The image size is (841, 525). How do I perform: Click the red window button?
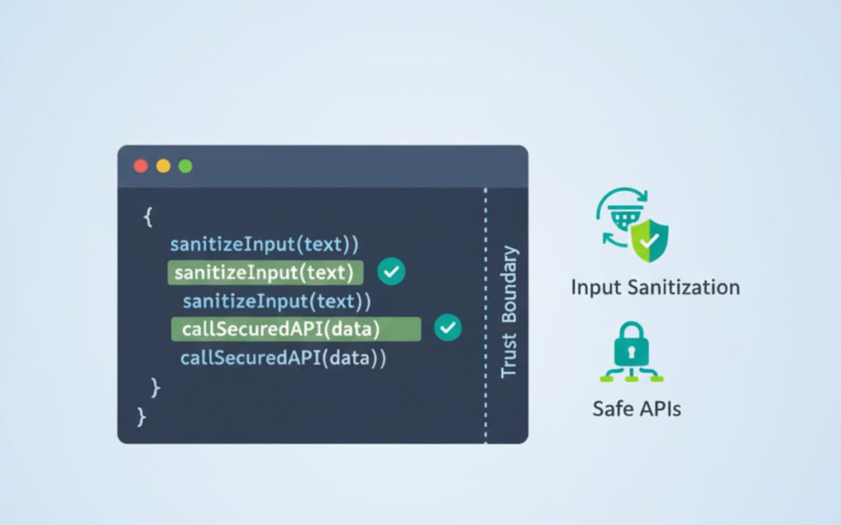(140, 166)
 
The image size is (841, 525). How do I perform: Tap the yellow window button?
(163, 166)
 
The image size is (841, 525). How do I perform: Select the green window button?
(186, 166)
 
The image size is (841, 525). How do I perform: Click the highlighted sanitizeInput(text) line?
(264, 273)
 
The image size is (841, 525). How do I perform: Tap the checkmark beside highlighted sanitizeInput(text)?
(391, 272)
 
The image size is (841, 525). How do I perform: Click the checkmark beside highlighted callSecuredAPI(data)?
(448, 329)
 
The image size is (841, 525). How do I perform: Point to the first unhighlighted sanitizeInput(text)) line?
(264, 244)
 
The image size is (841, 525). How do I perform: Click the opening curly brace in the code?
(148, 217)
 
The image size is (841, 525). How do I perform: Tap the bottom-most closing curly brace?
(141, 417)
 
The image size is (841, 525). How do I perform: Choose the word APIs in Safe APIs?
(657, 408)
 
